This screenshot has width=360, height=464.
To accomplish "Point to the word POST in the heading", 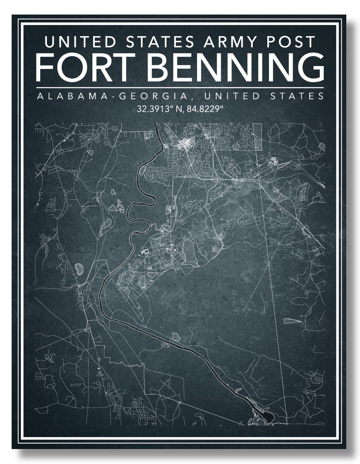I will coord(291,42).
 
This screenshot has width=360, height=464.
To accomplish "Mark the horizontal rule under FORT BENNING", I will coord(180,88).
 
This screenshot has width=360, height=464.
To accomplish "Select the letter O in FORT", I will coord(74,66).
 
